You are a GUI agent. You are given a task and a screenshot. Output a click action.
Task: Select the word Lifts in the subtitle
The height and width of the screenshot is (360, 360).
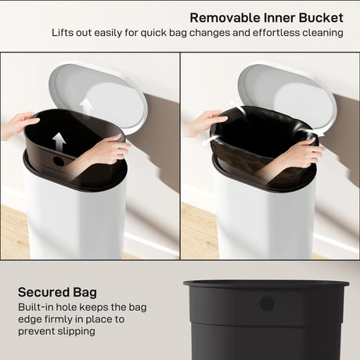pyautogui.click(x=65, y=34)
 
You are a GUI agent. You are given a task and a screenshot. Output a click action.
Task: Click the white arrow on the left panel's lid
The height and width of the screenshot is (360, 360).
pyautogui.click(x=86, y=105)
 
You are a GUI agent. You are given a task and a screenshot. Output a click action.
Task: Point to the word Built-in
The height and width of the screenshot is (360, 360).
pyautogui.click(x=38, y=308)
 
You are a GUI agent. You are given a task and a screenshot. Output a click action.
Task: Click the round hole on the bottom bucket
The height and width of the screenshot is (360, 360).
pyautogui.click(x=267, y=303)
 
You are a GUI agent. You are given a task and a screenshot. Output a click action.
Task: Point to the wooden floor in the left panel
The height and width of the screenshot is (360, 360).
pyautogui.click(x=13, y=235)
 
